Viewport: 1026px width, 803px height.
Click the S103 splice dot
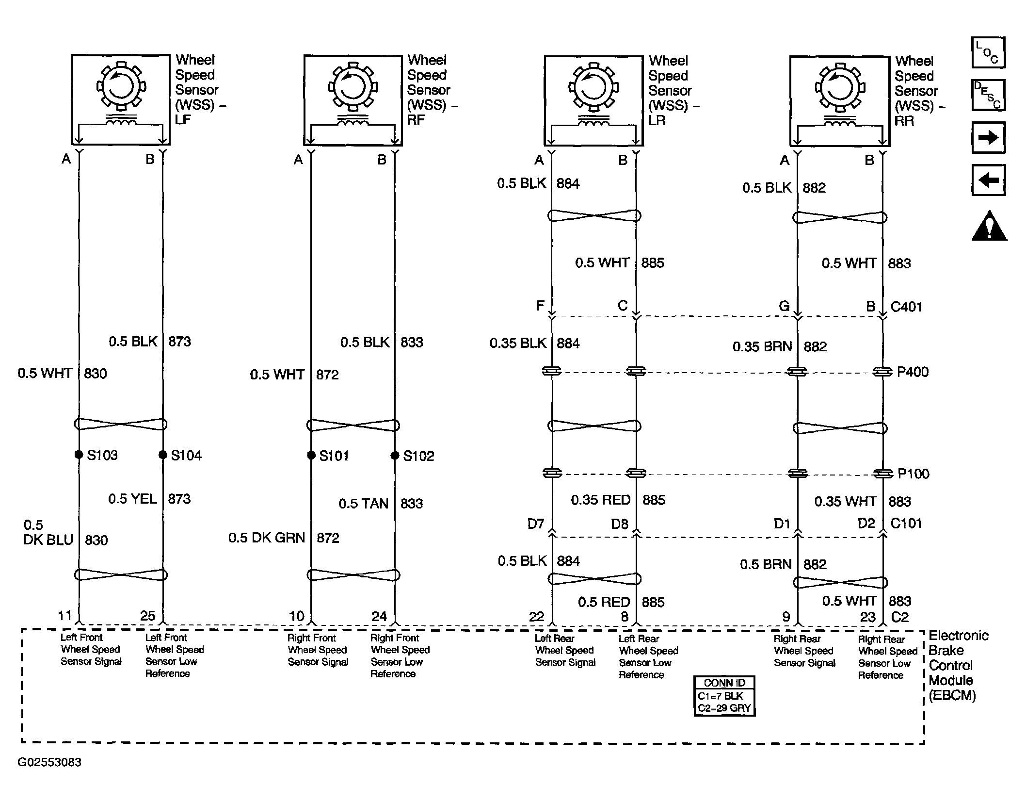coord(79,455)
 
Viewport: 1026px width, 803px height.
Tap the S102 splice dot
coord(395,456)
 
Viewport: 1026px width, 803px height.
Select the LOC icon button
coord(988,52)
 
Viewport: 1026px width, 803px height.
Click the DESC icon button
coord(988,95)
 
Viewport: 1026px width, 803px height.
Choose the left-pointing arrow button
coord(988,180)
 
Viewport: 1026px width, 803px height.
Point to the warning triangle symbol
coord(989,226)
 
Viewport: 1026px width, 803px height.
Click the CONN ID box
coord(724,696)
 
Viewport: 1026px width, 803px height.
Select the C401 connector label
coord(906,307)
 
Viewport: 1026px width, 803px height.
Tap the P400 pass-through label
coord(913,372)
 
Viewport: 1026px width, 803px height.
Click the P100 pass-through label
coord(914,474)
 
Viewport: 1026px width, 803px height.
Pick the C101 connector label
coord(906,523)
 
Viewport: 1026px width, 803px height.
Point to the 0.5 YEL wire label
coord(132,499)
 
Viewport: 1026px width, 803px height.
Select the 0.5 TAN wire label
coord(363,504)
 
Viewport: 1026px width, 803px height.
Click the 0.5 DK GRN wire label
coord(267,538)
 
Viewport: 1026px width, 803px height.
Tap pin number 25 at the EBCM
coord(148,616)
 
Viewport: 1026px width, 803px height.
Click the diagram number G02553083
coord(49,762)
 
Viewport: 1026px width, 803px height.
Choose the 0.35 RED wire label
coord(600,500)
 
